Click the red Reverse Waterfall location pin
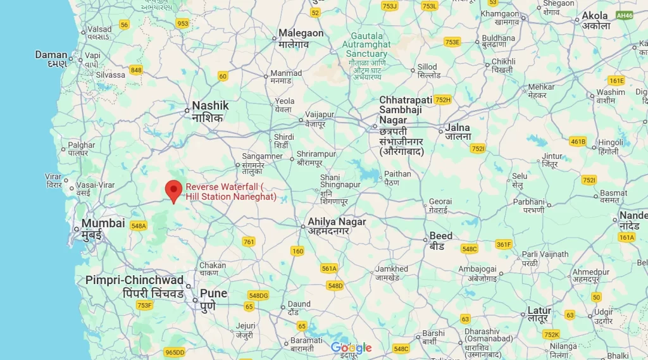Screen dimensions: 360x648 click(x=173, y=190)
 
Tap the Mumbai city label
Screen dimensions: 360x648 click(x=103, y=223)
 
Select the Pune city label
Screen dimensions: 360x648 click(x=213, y=294)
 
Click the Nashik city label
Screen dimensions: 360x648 click(x=210, y=106)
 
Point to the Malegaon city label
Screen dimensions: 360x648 click(x=301, y=34)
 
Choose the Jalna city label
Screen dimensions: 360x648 click(x=458, y=128)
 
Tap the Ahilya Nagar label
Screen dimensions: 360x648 click(x=337, y=222)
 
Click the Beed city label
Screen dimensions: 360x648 click(x=441, y=236)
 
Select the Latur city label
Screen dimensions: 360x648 click(x=539, y=311)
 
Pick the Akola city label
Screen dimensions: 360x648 click(x=595, y=16)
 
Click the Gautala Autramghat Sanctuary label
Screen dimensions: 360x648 click(x=366, y=45)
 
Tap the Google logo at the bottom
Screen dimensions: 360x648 click(x=351, y=348)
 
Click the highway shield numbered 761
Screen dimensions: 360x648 click(x=249, y=242)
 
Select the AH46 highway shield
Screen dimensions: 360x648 click(x=625, y=15)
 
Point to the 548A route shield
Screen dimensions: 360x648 click(x=138, y=226)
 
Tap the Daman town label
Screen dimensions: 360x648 click(x=51, y=55)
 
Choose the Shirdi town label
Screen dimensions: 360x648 click(x=284, y=137)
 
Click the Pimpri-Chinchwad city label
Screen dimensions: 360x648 click(x=134, y=280)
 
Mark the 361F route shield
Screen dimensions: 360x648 click(x=504, y=244)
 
